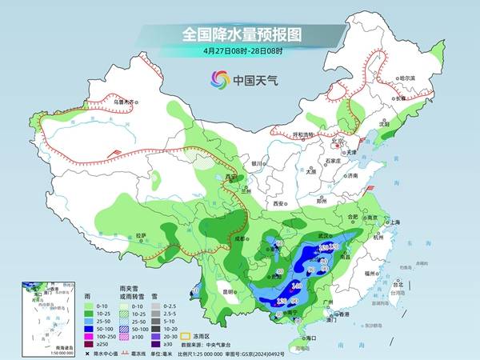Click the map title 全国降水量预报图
pos(239,34)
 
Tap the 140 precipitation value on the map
pos(297,286)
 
